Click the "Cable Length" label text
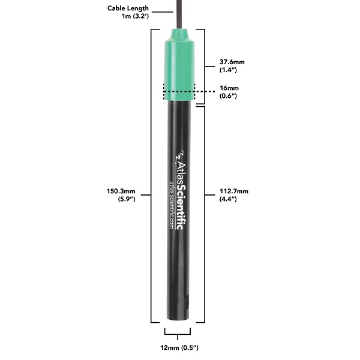tap(128, 8)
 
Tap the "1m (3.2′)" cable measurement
tap(135, 16)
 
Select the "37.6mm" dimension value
tap(232, 62)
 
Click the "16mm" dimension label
tap(229, 88)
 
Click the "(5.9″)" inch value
tap(127, 200)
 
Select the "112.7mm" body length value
tap(234, 192)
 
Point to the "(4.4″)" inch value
tap(230, 200)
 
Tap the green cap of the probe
tap(179, 60)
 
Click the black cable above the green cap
tap(179, 12)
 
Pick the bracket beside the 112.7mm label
tap(205, 214)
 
